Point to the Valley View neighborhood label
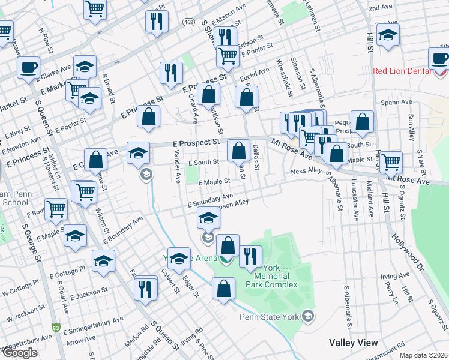353,343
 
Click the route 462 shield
189,22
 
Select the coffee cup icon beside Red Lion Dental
439,58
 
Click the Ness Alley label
306,171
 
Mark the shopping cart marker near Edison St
227,56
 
